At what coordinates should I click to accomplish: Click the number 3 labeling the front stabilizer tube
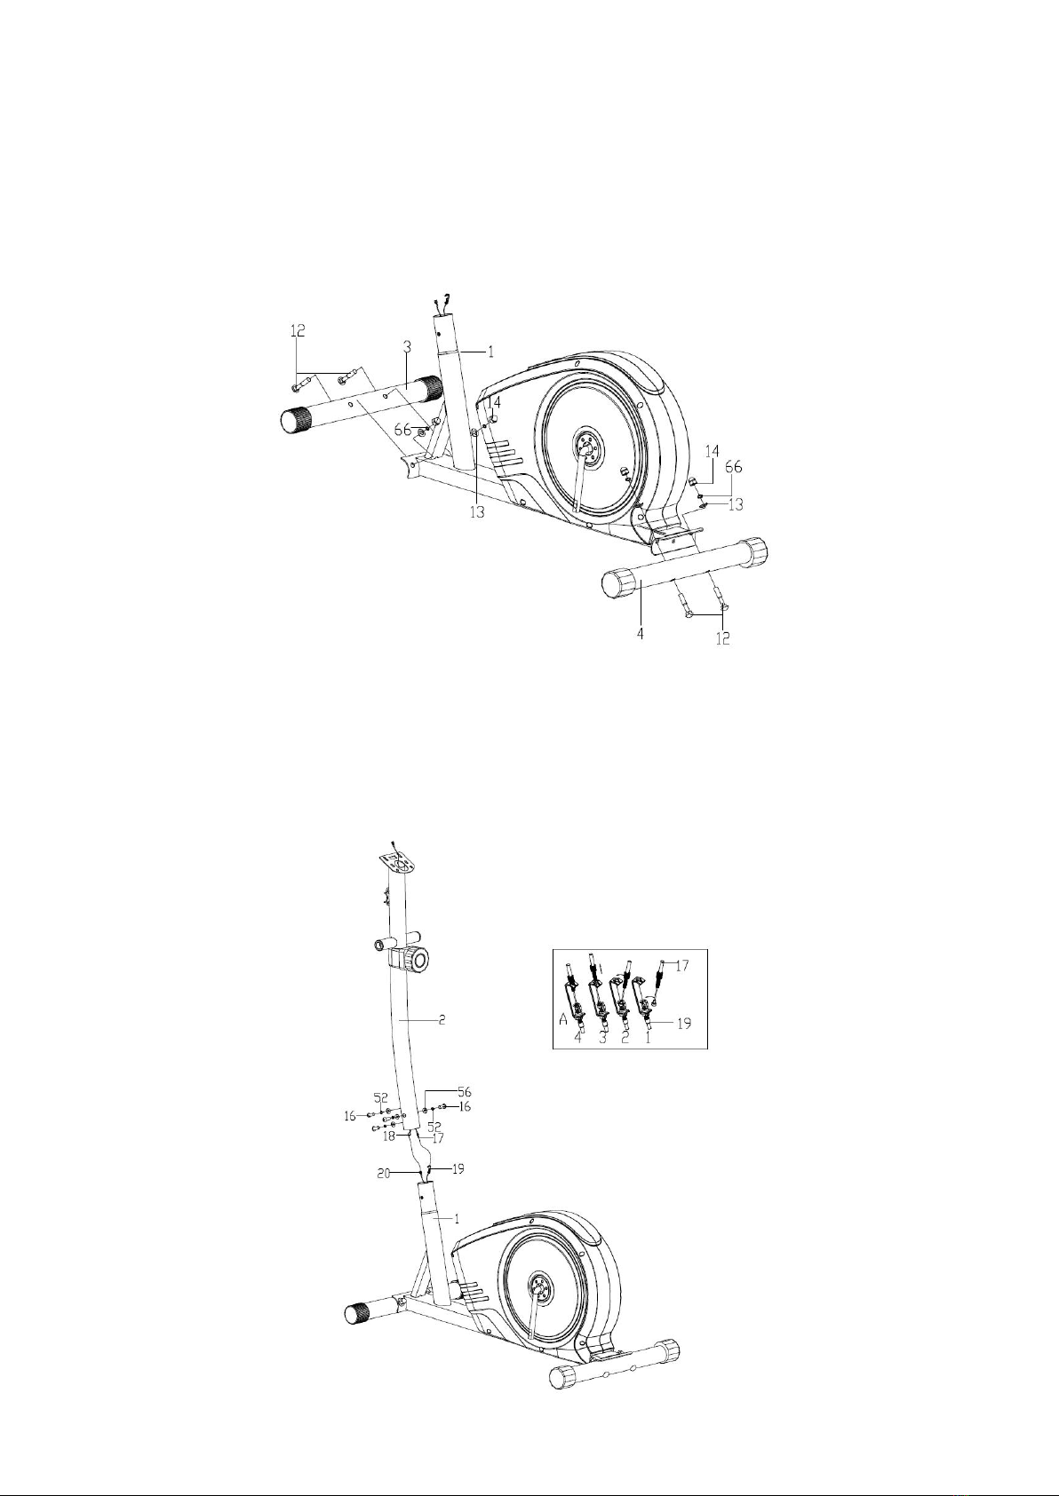[407, 346]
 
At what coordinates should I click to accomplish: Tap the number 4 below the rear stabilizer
[640, 632]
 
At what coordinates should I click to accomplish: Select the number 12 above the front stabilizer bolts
[298, 330]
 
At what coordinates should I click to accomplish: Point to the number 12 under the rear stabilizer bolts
[723, 637]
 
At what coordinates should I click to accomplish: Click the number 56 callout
[464, 1092]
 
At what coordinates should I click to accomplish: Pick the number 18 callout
[389, 1136]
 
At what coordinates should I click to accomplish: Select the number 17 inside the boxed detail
[682, 965]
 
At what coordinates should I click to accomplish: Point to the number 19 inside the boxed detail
[684, 1023]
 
